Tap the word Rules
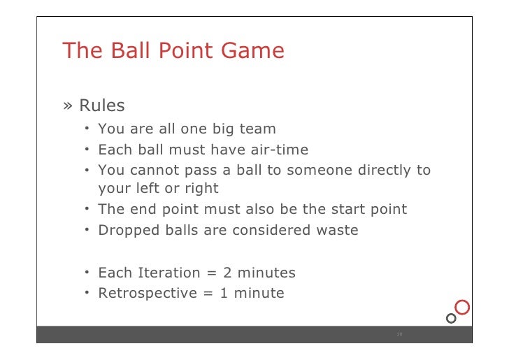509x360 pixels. pos(102,106)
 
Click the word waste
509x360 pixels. pos(336,229)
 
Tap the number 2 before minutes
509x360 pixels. pos(228,273)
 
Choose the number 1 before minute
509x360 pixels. pos(224,293)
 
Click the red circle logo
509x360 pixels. pos(461,307)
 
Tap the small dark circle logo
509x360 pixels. pos(451,318)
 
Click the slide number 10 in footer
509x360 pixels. pos(399,334)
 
